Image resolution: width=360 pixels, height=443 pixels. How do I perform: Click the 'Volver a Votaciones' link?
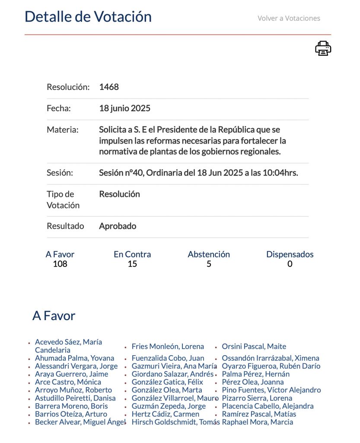[289, 18]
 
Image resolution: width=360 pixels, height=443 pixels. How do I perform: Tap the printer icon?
[323, 48]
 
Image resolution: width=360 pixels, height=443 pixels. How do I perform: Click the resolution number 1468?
[109, 87]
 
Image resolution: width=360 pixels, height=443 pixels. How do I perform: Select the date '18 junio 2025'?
[124, 108]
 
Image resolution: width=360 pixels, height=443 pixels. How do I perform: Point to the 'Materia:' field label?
[63, 129]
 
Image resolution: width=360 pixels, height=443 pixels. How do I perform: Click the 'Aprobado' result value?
[118, 226]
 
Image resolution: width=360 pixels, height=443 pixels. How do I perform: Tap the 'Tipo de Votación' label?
[63, 199]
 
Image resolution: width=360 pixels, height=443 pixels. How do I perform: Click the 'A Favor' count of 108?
[60, 264]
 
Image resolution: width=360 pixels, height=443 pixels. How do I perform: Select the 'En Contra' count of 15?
[132, 264]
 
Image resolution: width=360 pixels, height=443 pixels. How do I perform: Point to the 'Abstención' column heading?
[209, 254]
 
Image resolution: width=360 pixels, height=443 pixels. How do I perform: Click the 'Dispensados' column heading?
[290, 254]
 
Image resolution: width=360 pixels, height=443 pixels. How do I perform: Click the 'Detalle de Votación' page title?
[88, 16]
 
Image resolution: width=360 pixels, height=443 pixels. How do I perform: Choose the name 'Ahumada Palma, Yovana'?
[74, 358]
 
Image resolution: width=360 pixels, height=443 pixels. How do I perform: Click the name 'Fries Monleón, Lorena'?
[168, 347]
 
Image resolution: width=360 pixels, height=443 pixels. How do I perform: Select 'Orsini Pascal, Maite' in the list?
[254, 347]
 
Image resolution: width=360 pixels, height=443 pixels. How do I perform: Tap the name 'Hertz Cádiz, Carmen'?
[165, 414]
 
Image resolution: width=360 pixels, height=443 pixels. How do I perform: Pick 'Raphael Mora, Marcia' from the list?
[257, 422]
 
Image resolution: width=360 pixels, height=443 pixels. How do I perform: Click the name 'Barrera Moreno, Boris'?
[71, 406]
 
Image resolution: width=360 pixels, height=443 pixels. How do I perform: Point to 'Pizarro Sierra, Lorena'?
[257, 398]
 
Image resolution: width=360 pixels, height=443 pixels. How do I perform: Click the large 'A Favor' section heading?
[54, 316]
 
